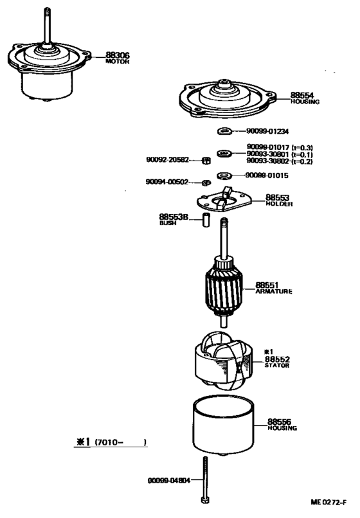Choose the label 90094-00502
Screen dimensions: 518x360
point(168,182)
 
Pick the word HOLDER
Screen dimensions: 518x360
point(280,204)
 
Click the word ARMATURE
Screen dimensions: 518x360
point(274,291)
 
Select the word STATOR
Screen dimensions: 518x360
point(277,365)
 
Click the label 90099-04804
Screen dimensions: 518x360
point(168,480)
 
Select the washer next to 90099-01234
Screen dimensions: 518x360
point(224,133)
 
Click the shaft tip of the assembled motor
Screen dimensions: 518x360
point(48,11)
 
